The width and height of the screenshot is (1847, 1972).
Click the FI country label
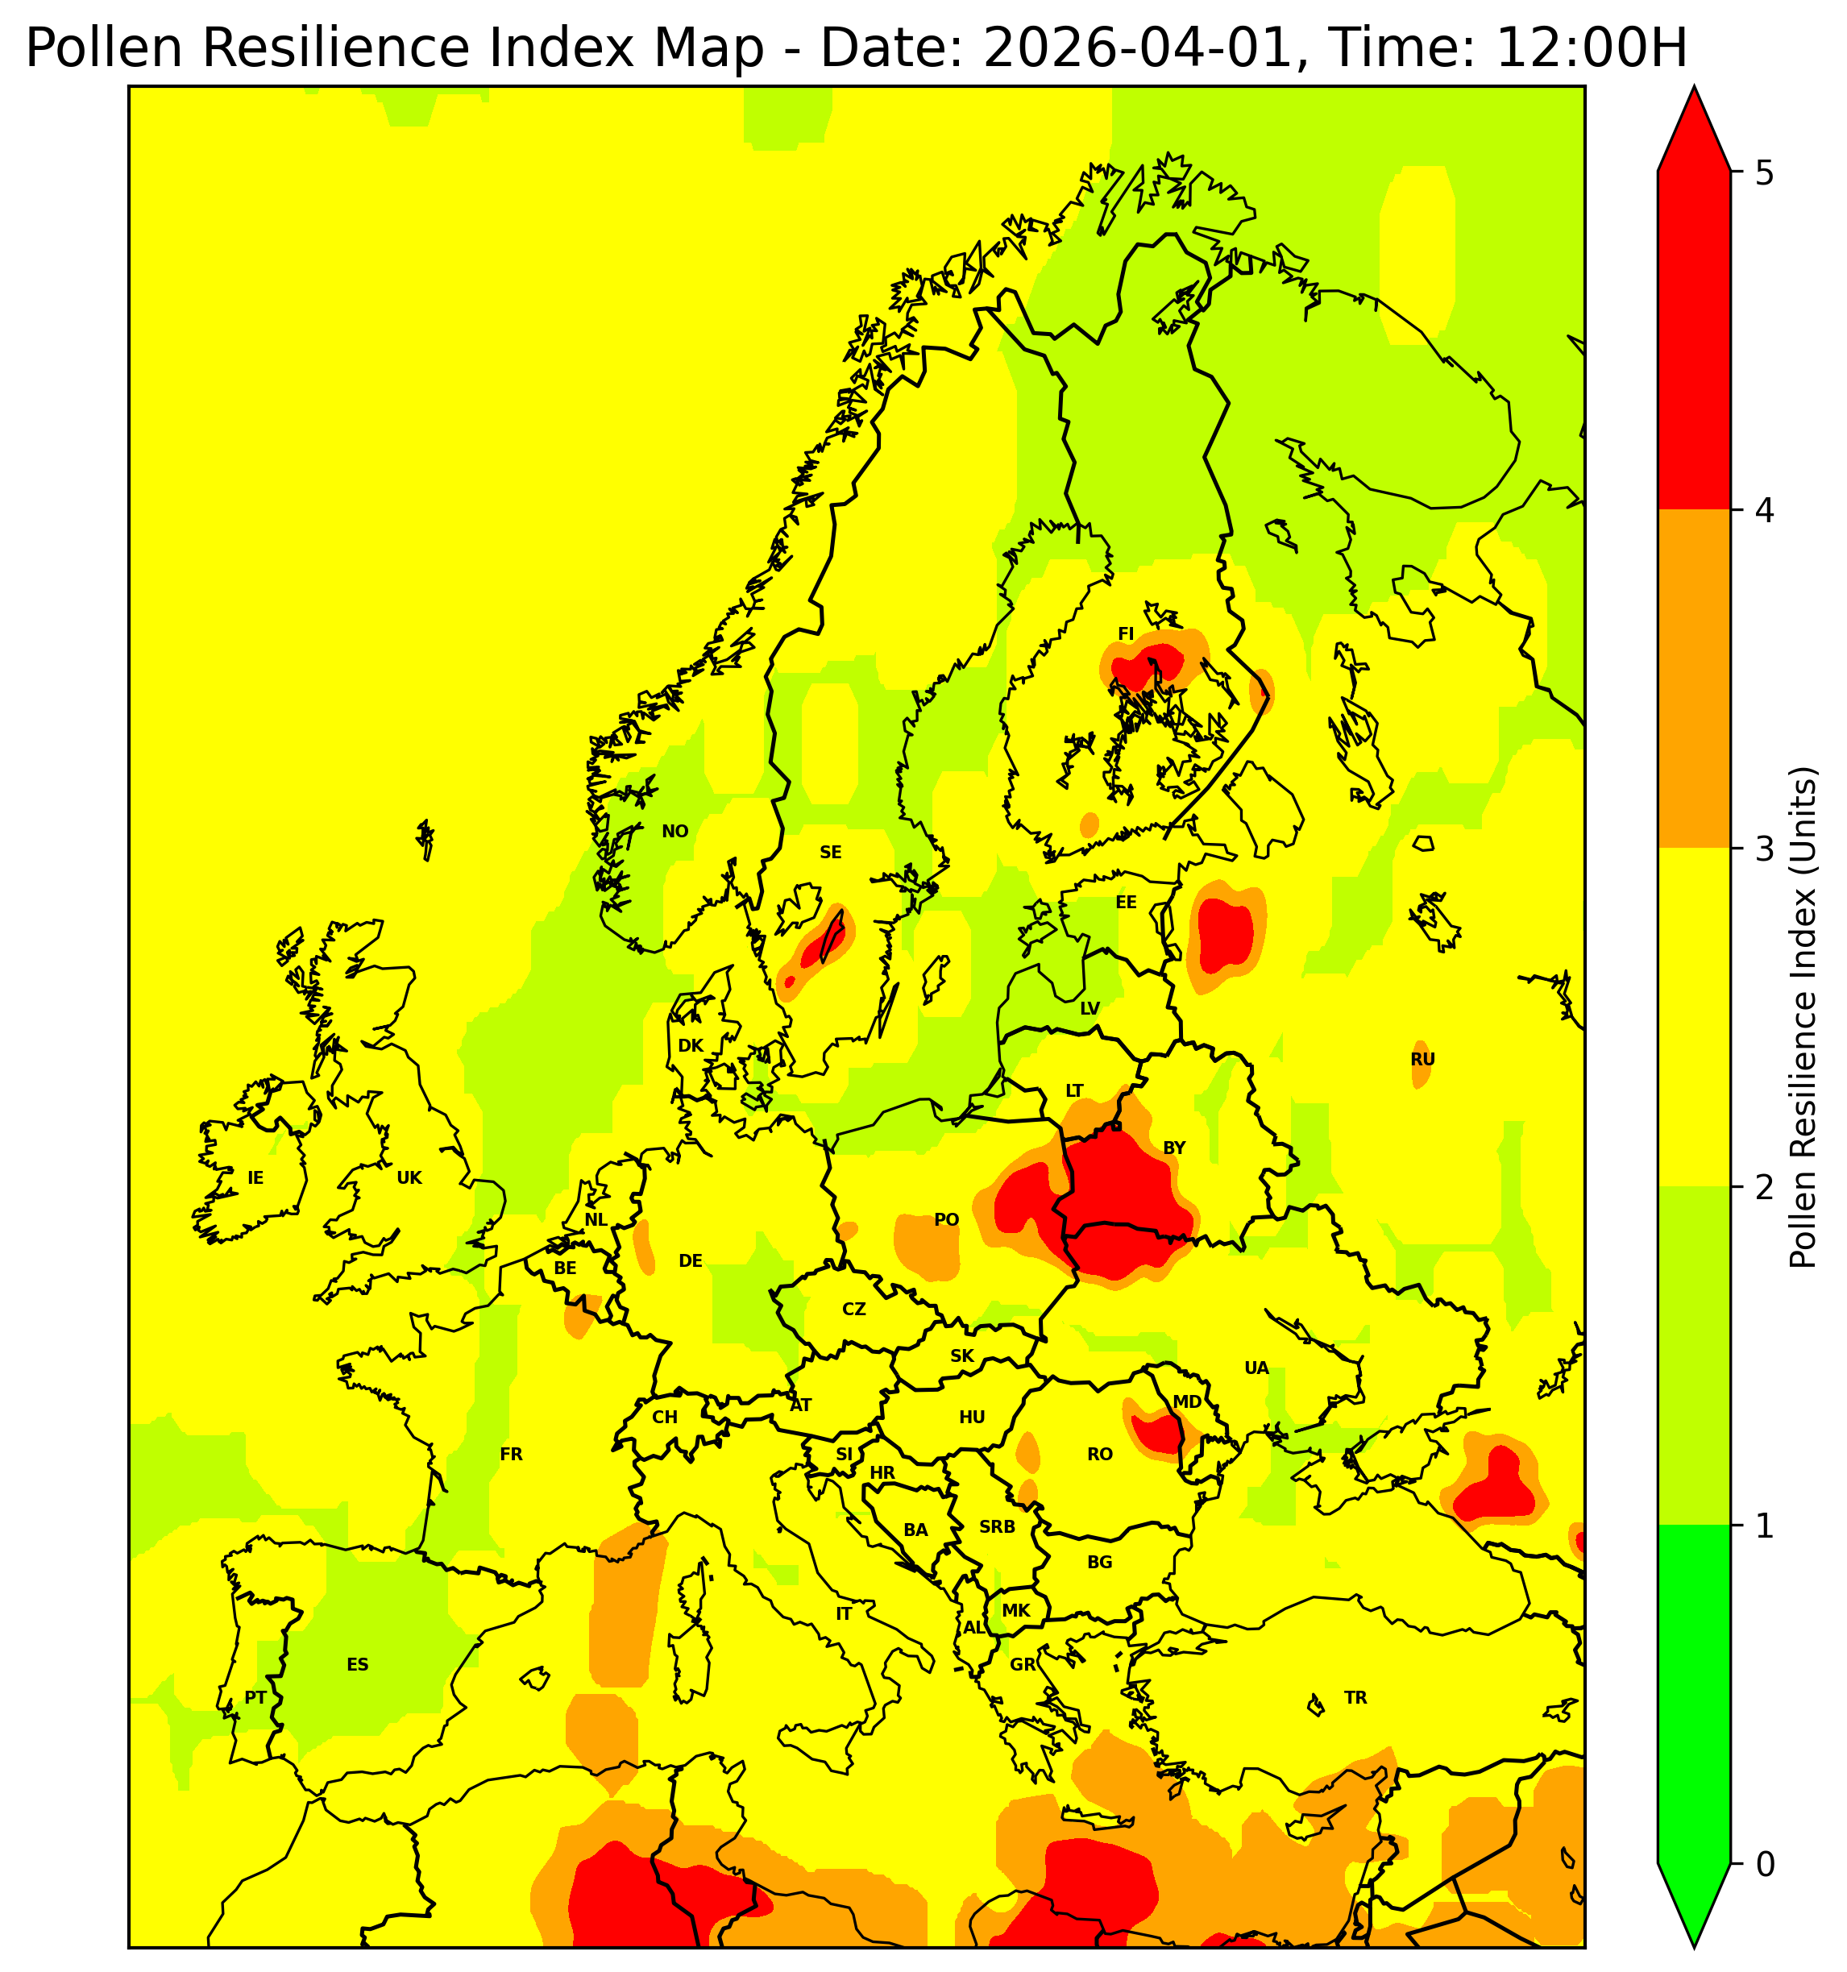click(1125, 634)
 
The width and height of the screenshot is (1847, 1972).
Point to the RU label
click(1422, 1060)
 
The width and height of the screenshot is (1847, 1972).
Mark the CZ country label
click(853, 1310)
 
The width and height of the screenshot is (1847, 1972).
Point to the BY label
click(1173, 1148)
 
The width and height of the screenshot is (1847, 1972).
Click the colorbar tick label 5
click(1764, 173)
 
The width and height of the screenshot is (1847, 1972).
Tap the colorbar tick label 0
click(1764, 1865)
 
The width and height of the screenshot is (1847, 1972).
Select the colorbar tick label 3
click(1764, 850)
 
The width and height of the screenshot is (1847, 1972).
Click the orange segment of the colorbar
click(1693, 679)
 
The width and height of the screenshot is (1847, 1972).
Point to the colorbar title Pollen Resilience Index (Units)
click(1803, 1017)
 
